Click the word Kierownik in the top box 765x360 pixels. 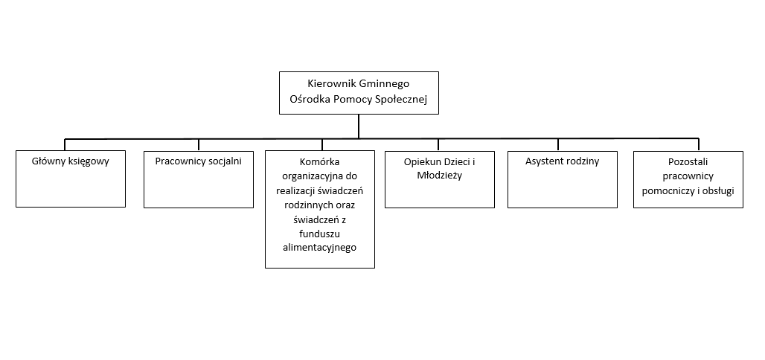click(x=331, y=84)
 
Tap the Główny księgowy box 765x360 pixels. click(x=71, y=179)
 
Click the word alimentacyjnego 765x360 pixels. click(x=320, y=248)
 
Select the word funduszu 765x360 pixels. click(x=320, y=234)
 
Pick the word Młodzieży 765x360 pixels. click(x=439, y=176)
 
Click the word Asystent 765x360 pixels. click(x=545, y=161)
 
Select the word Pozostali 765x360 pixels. click(x=688, y=161)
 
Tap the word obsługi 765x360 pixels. click(x=716, y=190)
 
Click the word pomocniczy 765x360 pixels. click(x=669, y=190)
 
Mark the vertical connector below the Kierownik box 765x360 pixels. click(x=359, y=126)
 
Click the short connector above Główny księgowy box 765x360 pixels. click(x=65, y=144)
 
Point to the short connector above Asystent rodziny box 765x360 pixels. click(x=557, y=144)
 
